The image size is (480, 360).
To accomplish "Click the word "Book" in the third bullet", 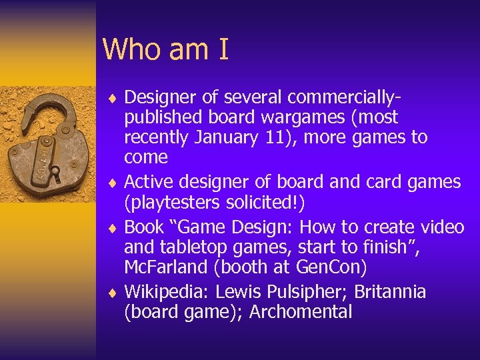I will tap(144, 227).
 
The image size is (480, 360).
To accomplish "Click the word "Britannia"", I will tap(390, 292).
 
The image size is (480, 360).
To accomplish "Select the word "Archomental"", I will tap(301, 312).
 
